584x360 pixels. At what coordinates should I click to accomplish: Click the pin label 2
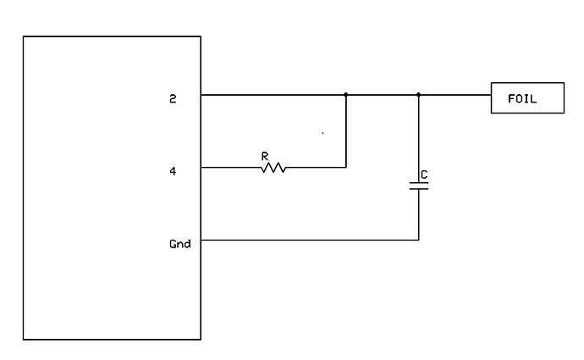pos(173,98)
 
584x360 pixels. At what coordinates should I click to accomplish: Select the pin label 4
pos(173,171)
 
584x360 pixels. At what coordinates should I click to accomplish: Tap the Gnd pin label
pos(180,244)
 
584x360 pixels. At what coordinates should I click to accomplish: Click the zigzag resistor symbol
pos(273,168)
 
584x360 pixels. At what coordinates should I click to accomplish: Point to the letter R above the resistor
pos(265,156)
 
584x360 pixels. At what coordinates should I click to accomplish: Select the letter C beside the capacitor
pos(424,174)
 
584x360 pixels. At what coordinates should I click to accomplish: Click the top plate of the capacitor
pos(418,182)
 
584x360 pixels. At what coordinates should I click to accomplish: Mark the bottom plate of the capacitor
pos(418,189)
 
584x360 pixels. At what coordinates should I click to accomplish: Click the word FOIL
pos(522,98)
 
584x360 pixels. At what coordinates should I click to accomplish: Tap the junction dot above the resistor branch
pos(346,95)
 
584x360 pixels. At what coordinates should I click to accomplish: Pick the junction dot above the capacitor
pos(418,95)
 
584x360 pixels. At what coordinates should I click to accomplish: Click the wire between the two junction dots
pos(383,95)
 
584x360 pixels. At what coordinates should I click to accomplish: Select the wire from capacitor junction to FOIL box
pos(455,95)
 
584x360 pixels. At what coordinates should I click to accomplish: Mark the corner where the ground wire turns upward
pos(418,240)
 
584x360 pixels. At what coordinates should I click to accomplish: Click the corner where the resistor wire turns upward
pos(346,168)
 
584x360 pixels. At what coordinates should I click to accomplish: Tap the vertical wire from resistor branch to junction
pos(346,131)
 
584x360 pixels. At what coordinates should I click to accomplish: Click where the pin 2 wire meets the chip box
pos(201,95)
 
